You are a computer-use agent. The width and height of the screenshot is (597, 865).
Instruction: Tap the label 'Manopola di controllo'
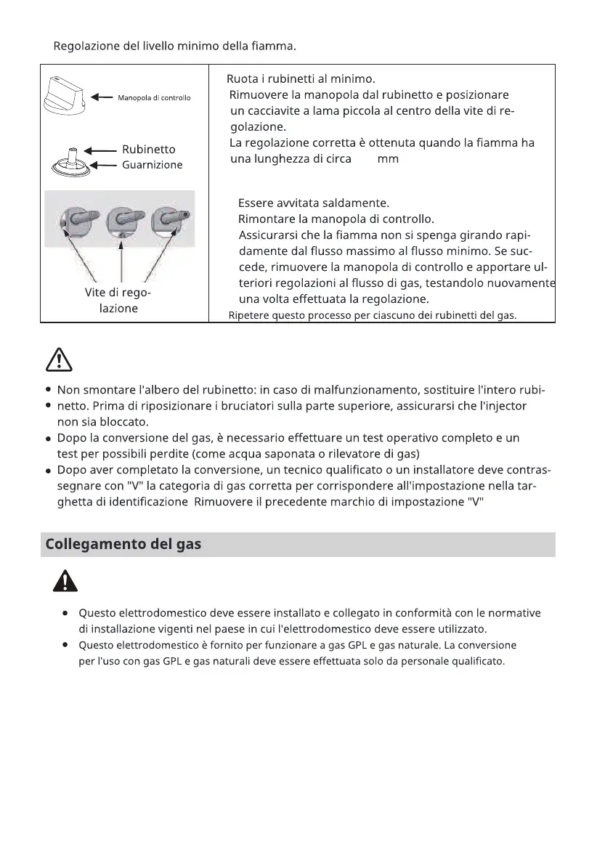point(154,97)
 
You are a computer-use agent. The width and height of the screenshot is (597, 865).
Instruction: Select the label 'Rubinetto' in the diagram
point(148,149)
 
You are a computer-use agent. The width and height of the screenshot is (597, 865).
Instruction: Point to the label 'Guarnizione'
point(152,165)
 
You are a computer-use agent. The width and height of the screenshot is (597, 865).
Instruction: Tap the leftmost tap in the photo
point(79,219)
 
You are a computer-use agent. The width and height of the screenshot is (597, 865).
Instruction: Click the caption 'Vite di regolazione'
point(118,301)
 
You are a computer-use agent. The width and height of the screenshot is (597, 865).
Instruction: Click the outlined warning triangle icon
point(57,358)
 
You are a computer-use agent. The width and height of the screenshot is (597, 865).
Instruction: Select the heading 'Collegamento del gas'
point(123,544)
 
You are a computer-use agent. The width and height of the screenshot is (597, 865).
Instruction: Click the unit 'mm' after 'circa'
point(388,158)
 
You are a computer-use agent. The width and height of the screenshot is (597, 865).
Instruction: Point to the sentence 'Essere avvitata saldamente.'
point(314,202)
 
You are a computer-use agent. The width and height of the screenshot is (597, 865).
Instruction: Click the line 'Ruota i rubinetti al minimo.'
point(300,78)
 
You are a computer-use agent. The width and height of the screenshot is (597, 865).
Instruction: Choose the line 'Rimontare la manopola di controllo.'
point(336,218)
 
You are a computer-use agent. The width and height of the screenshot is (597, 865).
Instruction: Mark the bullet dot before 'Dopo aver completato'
point(48,470)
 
